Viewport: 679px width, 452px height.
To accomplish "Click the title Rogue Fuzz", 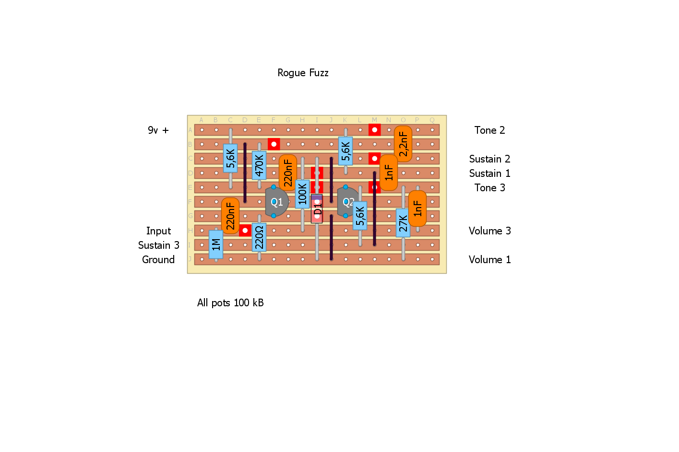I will (x=303, y=73).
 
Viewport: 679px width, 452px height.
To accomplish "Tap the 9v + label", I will (x=158, y=130).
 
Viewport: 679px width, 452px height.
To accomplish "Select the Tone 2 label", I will (x=489, y=130).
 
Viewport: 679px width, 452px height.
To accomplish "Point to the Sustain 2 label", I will (x=489, y=159).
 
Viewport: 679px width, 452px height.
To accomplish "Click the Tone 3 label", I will (x=489, y=188).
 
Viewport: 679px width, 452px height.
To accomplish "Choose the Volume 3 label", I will (x=489, y=231).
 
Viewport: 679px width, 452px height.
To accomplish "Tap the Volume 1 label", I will (x=489, y=260).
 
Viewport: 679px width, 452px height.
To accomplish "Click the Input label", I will (x=158, y=231).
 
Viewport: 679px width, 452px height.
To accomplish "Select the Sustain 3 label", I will (x=158, y=245).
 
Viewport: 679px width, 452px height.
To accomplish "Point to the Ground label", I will (x=158, y=260).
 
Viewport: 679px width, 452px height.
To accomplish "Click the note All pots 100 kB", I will (x=230, y=303).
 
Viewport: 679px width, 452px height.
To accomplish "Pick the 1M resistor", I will (x=216, y=244).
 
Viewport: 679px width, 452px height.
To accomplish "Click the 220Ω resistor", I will (x=259, y=237).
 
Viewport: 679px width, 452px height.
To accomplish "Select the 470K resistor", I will (x=259, y=165).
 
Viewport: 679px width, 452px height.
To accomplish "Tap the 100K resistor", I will (x=302, y=194).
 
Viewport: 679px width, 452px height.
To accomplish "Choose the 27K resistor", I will (x=403, y=223).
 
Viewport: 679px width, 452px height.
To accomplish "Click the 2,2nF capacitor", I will (x=403, y=144).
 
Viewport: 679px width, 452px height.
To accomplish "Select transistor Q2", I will (x=347, y=202).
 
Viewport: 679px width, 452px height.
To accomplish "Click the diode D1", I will (x=317, y=209).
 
